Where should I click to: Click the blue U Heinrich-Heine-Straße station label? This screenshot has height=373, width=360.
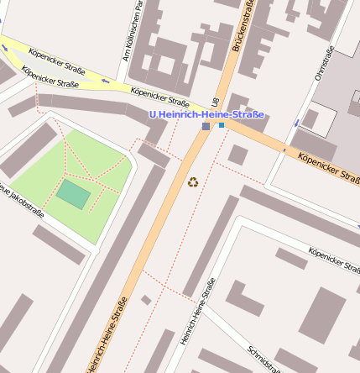click(206, 114)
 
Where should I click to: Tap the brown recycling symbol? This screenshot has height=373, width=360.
click(193, 181)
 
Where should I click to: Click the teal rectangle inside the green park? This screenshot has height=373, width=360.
click(73, 196)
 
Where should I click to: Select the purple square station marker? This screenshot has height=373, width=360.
click(206, 126)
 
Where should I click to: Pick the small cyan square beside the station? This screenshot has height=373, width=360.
click(222, 125)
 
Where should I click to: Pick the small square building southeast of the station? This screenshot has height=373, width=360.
click(237, 155)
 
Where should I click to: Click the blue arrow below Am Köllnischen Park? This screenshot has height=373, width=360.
click(105, 81)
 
